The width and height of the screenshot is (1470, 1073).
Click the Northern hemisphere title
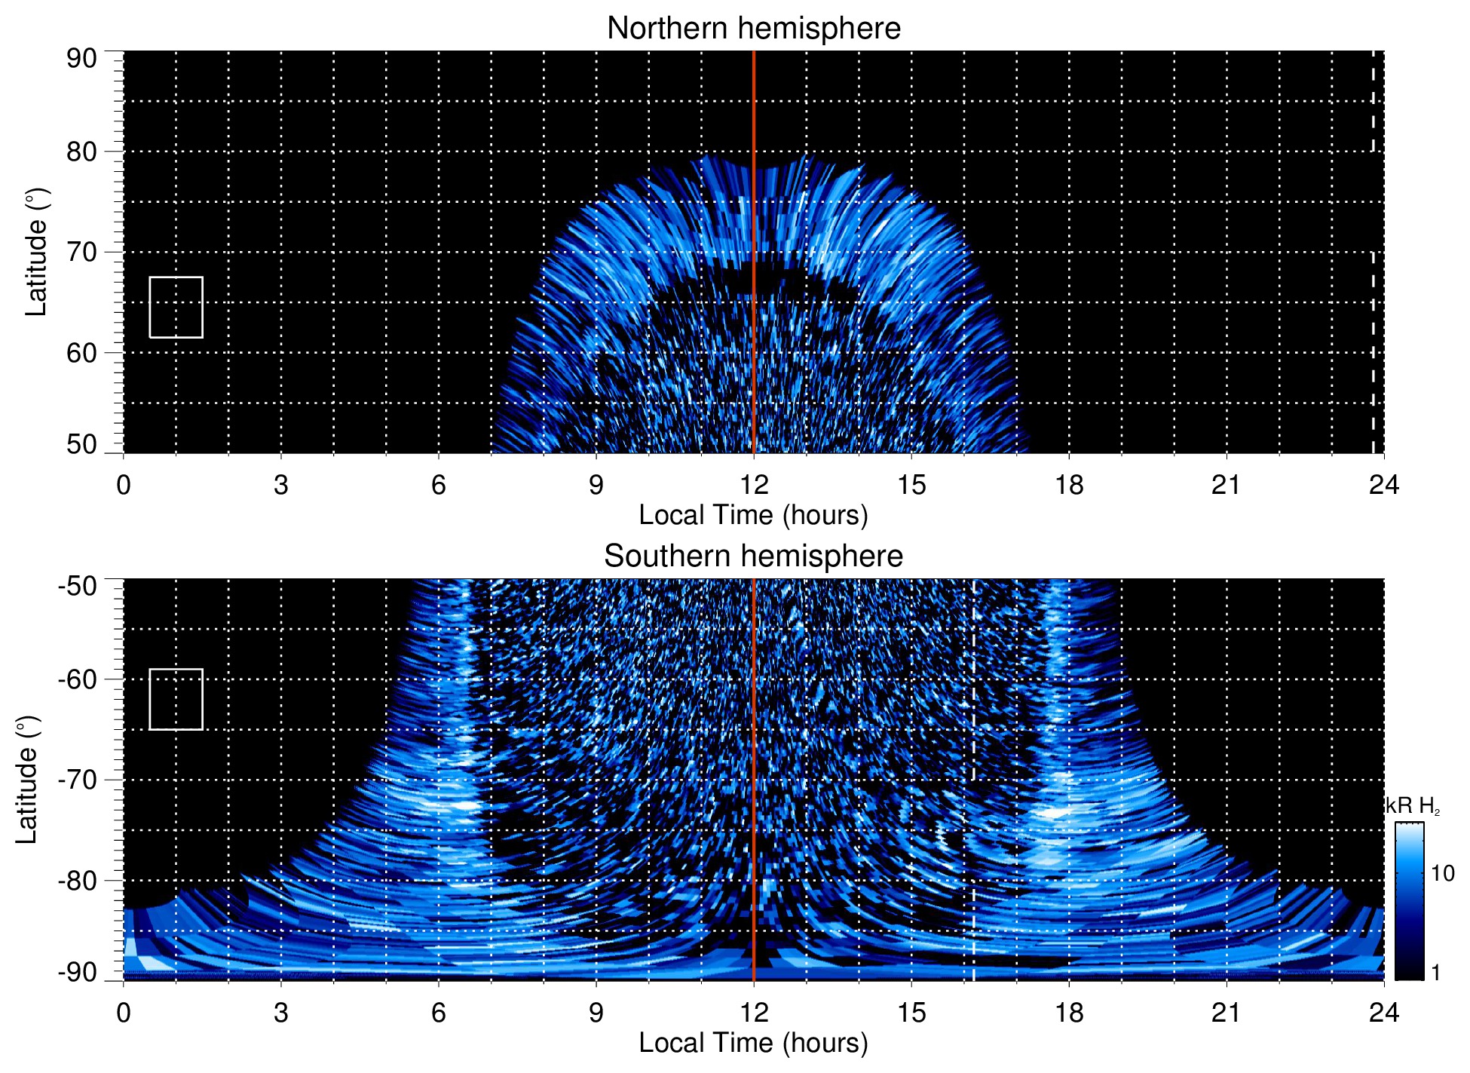coord(753,29)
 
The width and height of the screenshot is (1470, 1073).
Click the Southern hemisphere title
coord(753,556)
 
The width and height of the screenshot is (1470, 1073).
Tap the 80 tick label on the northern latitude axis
coord(81,152)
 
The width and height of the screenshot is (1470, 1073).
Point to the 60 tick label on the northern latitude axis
coord(81,353)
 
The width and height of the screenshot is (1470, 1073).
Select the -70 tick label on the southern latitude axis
coord(78,780)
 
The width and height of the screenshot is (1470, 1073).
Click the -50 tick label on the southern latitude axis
coord(78,586)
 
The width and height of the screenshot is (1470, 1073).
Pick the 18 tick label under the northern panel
coord(1069,485)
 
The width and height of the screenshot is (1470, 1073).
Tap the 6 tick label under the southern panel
coord(439,1013)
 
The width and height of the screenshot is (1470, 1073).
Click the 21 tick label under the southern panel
coord(1227,1013)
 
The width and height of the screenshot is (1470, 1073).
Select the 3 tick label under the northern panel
coord(281,485)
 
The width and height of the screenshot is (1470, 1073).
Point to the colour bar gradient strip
coord(1409,901)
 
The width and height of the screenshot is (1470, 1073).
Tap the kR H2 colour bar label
coord(1413,807)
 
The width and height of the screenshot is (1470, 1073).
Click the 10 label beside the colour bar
coord(1442,874)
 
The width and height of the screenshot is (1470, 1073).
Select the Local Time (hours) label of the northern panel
coord(753,515)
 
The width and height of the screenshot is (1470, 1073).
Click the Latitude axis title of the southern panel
coord(27,780)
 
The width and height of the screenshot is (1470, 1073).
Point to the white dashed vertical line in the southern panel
coord(974,754)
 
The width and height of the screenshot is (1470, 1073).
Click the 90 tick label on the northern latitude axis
coord(81,59)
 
